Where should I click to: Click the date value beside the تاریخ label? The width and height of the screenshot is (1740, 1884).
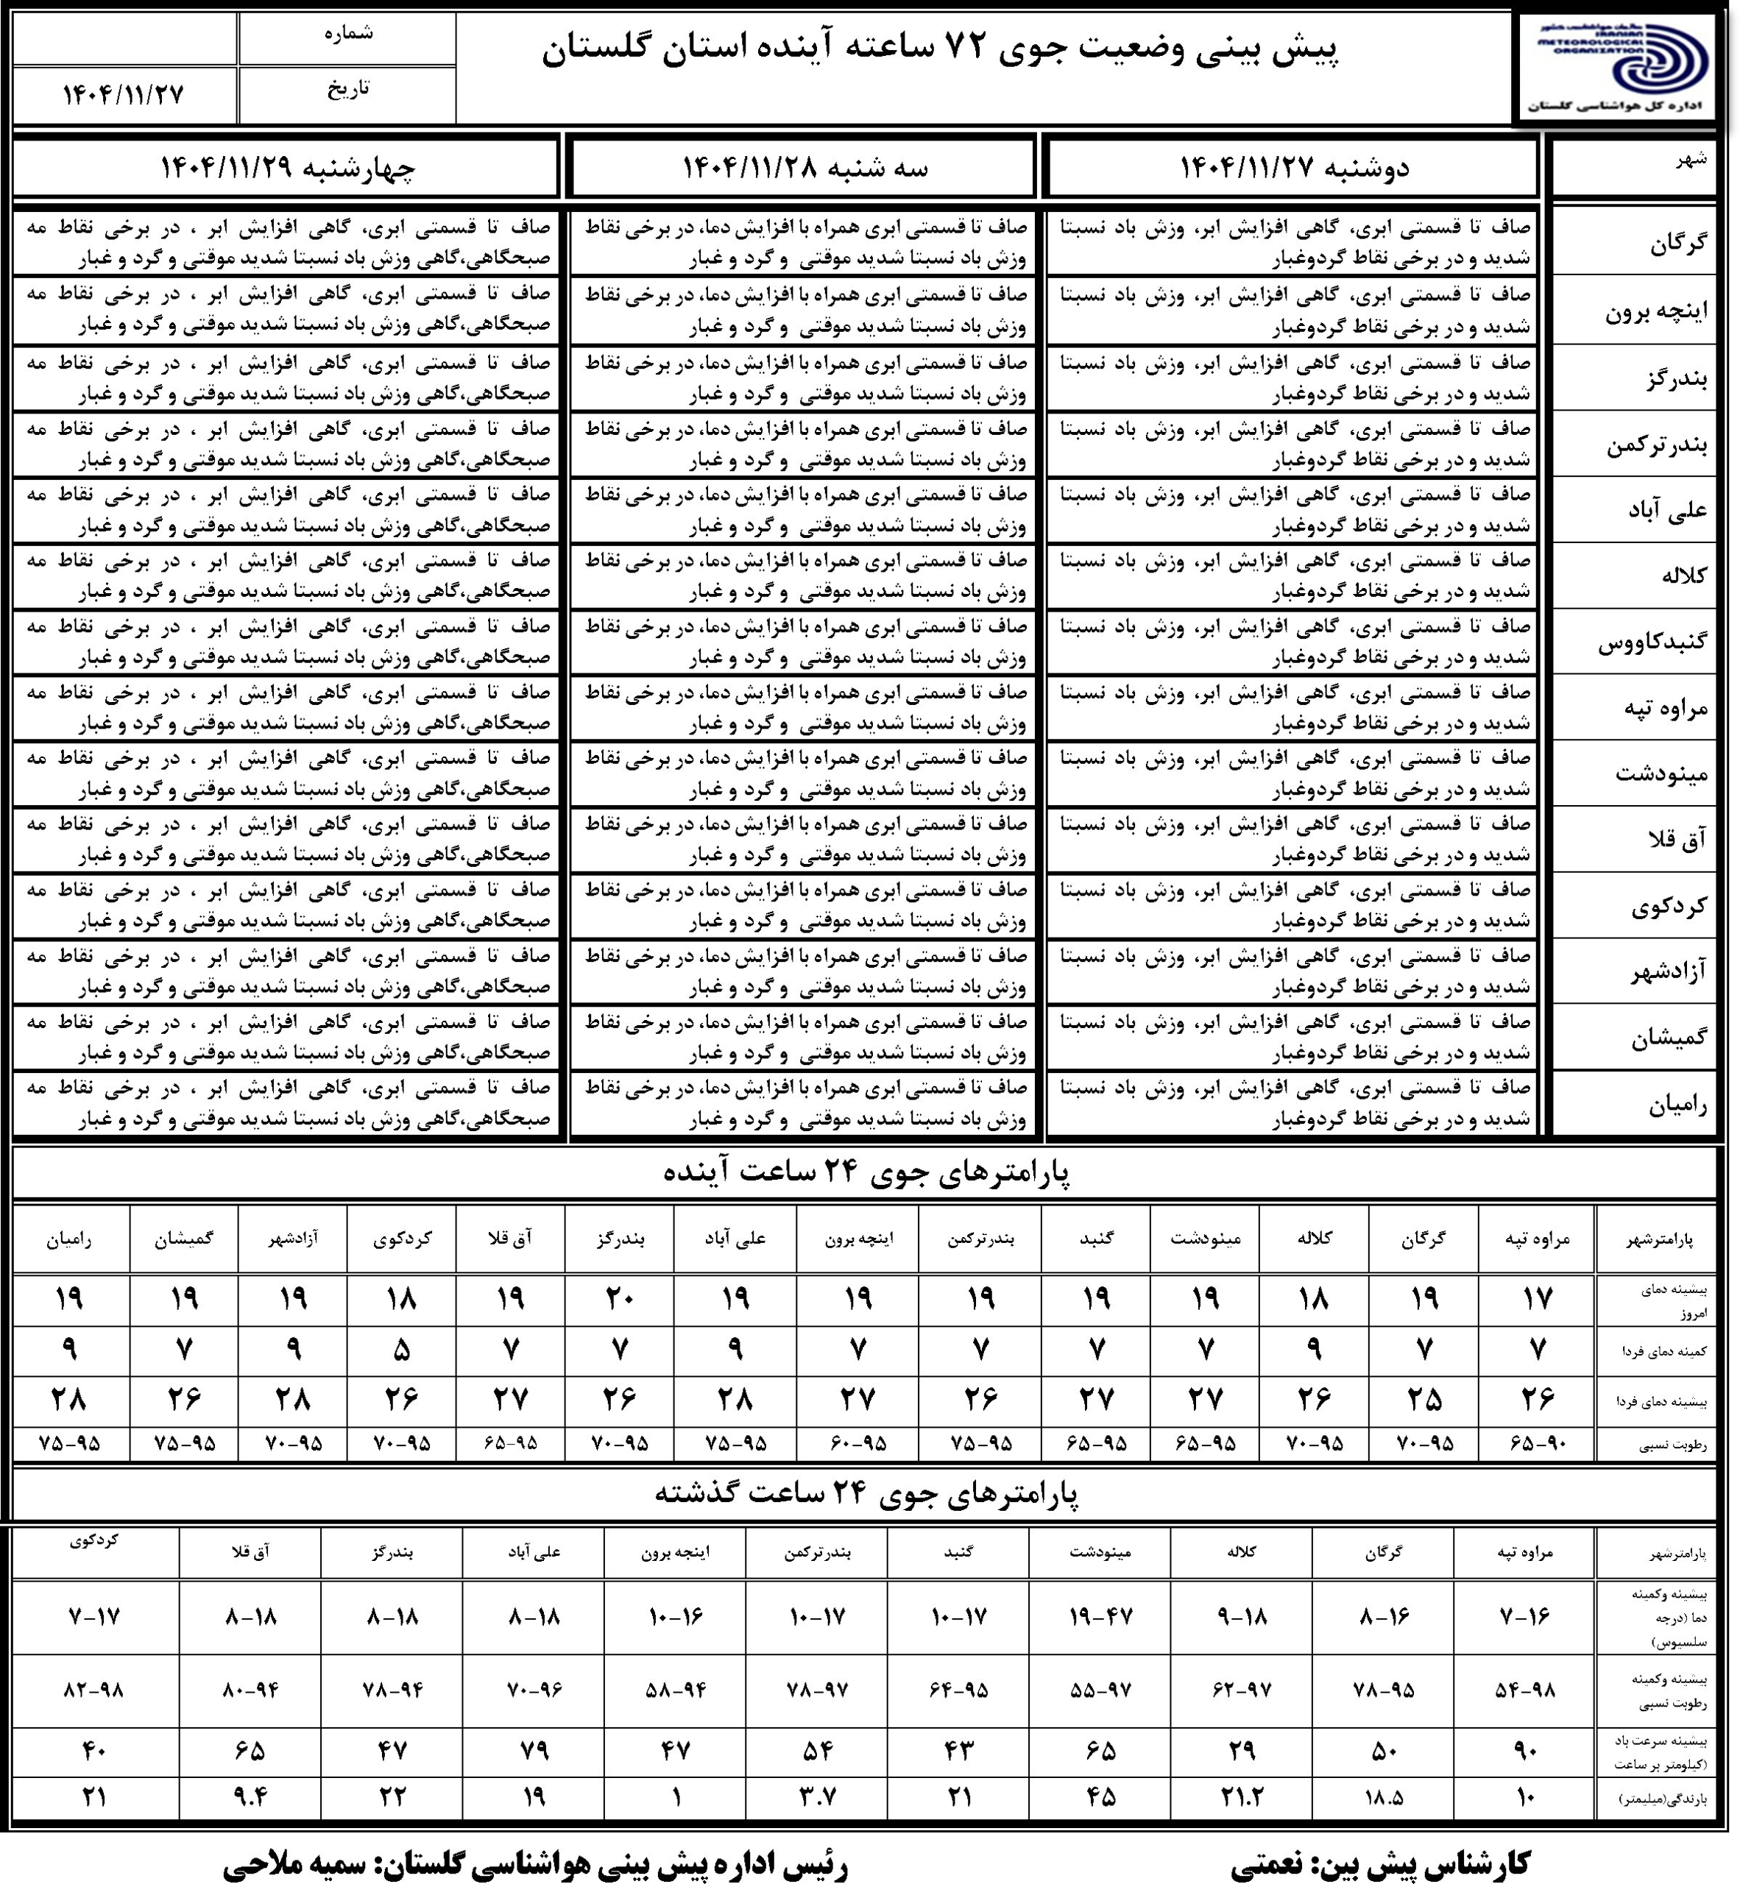click(124, 95)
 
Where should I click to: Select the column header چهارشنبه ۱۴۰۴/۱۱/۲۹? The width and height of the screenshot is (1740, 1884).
click(287, 169)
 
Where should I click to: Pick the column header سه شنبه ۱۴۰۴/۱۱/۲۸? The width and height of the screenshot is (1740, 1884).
click(805, 169)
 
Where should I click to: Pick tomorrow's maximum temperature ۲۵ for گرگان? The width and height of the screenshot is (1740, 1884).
click(1424, 1400)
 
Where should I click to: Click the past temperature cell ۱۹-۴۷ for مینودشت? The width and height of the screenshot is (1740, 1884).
click(1100, 1617)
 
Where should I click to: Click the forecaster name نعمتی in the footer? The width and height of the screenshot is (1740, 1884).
click(1267, 1861)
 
